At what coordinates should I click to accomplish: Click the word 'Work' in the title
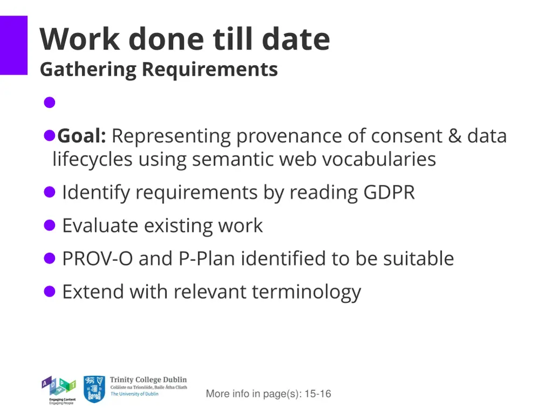point(79,39)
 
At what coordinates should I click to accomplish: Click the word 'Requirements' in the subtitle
point(210,70)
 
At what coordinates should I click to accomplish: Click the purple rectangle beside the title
point(13,45)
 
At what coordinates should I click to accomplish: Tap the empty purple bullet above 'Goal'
point(50,102)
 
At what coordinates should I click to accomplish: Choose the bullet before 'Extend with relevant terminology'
point(50,292)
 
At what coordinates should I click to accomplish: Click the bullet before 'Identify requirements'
point(50,192)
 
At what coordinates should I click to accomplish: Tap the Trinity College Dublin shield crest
point(94,389)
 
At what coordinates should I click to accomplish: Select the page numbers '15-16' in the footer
point(318,394)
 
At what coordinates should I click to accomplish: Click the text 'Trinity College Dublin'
point(148,380)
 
